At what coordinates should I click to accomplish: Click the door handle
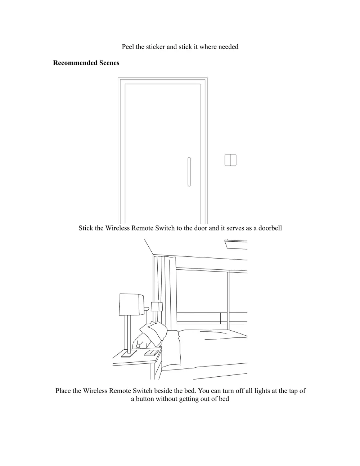pos(189,172)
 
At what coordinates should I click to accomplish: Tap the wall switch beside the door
pos(230,160)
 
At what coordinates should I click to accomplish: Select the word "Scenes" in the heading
pos(108,63)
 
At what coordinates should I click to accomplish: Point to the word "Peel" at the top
pos(128,47)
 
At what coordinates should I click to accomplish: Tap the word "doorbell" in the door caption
pos(270,228)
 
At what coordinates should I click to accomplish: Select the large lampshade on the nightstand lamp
pos(131,304)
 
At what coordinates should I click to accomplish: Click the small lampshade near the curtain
pos(157,306)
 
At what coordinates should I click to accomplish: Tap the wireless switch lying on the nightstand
pos(151,352)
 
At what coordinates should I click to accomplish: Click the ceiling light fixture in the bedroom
pos(236,244)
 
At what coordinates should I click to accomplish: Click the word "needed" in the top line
pos(228,47)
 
